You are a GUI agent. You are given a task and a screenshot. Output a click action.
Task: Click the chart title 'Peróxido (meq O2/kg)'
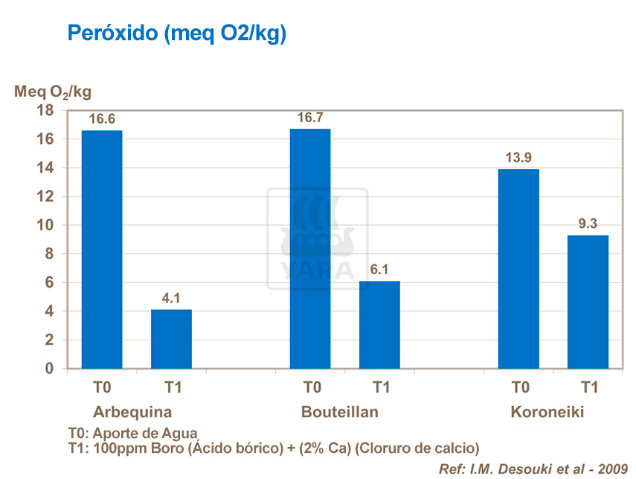pyautogui.click(x=176, y=34)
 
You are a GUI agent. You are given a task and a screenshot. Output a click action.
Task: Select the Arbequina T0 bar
pyautogui.click(x=102, y=250)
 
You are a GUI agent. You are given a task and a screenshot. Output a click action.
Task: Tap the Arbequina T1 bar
pyautogui.click(x=171, y=339)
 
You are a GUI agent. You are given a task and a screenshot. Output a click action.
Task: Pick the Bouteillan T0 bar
pyautogui.click(x=310, y=249)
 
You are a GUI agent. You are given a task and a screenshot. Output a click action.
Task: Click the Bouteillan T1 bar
pyautogui.click(x=379, y=325)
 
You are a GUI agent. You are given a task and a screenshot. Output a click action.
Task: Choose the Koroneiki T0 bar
pyautogui.click(x=518, y=269)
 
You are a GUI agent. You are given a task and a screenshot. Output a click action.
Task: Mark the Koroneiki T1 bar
pyautogui.click(x=588, y=302)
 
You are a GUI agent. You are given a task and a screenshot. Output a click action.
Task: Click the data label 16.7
pyautogui.click(x=310, y=118)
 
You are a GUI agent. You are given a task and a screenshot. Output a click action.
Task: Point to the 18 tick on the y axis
pyautogui.click(x=45, y=110)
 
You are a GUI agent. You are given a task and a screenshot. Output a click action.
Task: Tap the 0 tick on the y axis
pyautogui.click(x=50, y=369)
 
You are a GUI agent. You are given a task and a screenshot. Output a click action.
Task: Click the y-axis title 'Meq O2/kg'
pyautogui.click(x=53, y=92)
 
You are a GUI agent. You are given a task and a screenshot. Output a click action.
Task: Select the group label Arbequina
pyautogui.click(x=132, y=412)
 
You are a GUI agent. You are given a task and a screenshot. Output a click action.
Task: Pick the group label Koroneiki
pyautogui.click(x=547, y=412)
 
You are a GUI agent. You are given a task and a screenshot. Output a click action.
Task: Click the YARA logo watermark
pyautogui.click(x=318, y=238)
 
